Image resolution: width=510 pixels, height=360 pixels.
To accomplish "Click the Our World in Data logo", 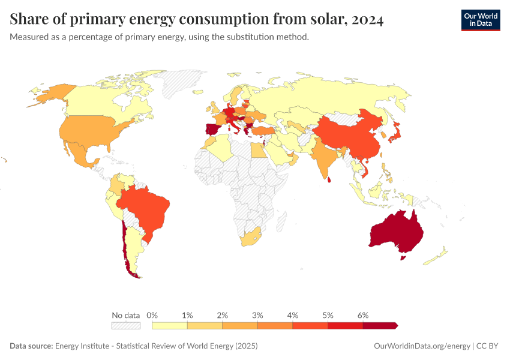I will [x=480, y=20].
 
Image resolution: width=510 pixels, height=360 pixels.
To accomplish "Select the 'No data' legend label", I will [x=125, y=315].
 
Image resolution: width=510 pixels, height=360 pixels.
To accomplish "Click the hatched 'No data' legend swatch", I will [x=125, y=326].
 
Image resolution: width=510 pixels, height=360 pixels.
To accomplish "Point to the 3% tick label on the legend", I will [x=257, y=315].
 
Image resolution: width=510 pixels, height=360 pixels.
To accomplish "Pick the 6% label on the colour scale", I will [x=362, y=315].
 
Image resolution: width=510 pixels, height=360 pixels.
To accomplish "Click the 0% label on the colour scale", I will [x=152, y=315].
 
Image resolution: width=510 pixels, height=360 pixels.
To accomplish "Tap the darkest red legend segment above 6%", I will [x=379, y=326].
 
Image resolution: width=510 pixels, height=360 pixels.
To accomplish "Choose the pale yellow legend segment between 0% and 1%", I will [x=170, y=326].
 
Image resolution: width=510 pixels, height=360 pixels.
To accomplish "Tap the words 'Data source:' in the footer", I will [x=31, y=346].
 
